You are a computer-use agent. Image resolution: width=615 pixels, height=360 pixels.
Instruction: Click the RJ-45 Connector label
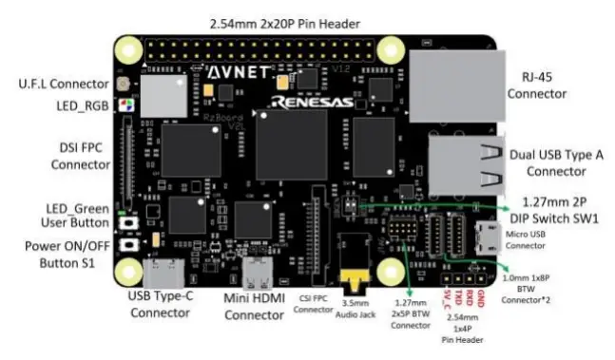click(x=537, y=85)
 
